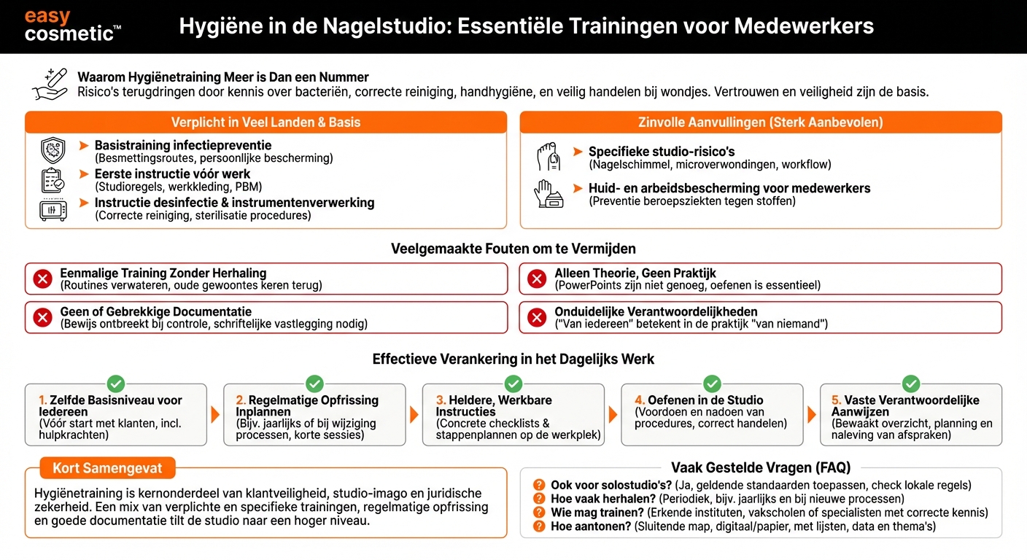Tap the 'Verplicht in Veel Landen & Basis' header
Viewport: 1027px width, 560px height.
pyautogui.click(x=266, y=122)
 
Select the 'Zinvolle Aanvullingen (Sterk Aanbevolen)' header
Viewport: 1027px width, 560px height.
pyautogui.click(x=760, y=122)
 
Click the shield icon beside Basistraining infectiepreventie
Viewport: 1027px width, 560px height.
pyautogui.click(x=53, y=150)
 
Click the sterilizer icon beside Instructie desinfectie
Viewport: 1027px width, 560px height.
pyautogui.click(x=53, y=209)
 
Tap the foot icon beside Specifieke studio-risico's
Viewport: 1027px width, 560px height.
pyautogui.click(x=548, y=157)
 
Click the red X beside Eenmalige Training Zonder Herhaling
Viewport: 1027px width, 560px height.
pyautogui.click(x=43, y=279)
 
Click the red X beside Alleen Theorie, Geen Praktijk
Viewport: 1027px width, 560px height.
pyautogui.click(x=537, y=279)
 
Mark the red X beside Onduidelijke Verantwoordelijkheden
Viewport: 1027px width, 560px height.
pyautogui.click(x=537, y=317)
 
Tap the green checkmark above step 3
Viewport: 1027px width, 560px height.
pyautogui.click(x=513, y=384)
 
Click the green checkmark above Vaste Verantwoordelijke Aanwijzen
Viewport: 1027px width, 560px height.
pyautogui.click(x=911, y=384)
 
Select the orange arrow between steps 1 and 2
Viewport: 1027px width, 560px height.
pyautogui.click(x=215, y=415)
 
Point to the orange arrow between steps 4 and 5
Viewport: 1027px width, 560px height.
pyautogui.click(x=811, y=415)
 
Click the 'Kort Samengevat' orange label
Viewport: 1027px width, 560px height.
pyautogui.click(x=106, y=468)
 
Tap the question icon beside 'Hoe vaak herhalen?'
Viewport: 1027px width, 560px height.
pyautogui.click(x=539, y=499)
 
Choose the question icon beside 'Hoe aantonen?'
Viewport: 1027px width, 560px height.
pyautogui.click(x=539, y=526)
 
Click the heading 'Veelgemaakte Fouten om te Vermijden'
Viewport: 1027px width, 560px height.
pyautogui.click(x=513, y=249)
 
